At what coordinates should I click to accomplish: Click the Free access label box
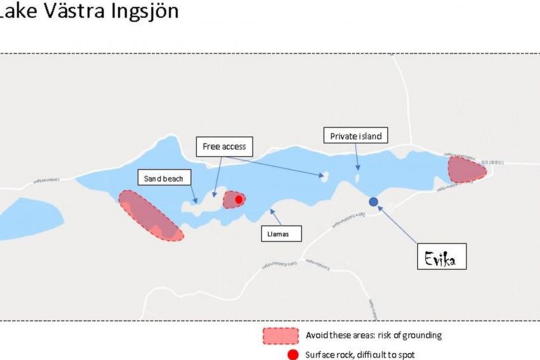tap(224, 147)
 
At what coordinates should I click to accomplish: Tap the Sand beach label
tap(164, 178)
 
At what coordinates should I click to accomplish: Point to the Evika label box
tap(441, 256)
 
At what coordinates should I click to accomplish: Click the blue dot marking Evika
tap(374, 201)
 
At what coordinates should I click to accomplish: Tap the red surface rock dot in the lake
tap(239, 199)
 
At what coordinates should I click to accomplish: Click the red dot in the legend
tap(293, 355)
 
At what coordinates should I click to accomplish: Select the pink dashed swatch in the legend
tap(280, 335)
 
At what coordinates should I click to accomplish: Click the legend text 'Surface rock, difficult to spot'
tap(361, 355)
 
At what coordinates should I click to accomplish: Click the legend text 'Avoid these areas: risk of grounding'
tap(373, 335)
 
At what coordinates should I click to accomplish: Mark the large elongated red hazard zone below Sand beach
tap(150, 215)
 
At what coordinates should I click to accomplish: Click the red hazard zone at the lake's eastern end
tap(466, 169)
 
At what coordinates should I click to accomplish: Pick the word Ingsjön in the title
tap(140, 11)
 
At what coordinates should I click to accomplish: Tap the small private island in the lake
tap(357, 178)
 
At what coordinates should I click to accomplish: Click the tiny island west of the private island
tap(325, 175)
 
